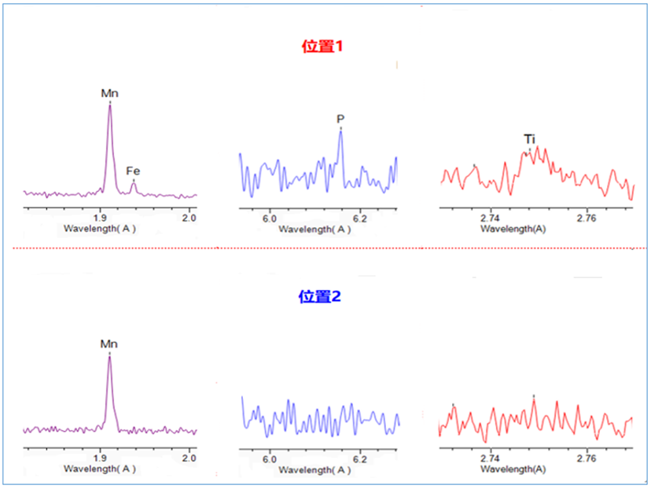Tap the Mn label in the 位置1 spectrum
pos(109,94)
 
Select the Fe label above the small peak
pos(134,170)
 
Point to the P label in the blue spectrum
pos(340,119)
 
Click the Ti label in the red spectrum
pos(530,139)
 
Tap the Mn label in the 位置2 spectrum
pos(109,344)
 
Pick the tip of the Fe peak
pos(134,182)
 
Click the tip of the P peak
pos(340,131)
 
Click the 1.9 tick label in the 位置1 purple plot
pos(99,217)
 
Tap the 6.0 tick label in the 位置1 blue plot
pos(269,217)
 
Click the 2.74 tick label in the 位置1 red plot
pos(490,217)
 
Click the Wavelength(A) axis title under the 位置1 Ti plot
pos(513,229)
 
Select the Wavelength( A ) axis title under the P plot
pos(314,229)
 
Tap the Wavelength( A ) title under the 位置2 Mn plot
pos(100,469)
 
